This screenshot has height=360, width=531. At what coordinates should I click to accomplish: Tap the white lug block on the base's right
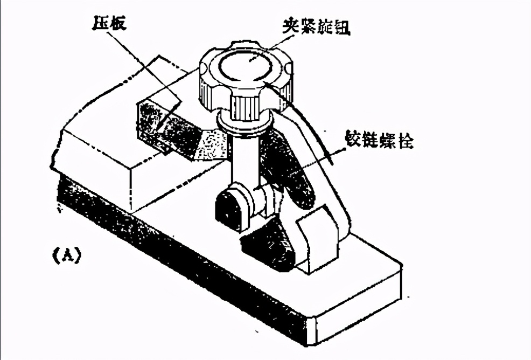point(318,237)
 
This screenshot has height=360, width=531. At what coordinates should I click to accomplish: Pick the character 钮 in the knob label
point(343,26)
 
